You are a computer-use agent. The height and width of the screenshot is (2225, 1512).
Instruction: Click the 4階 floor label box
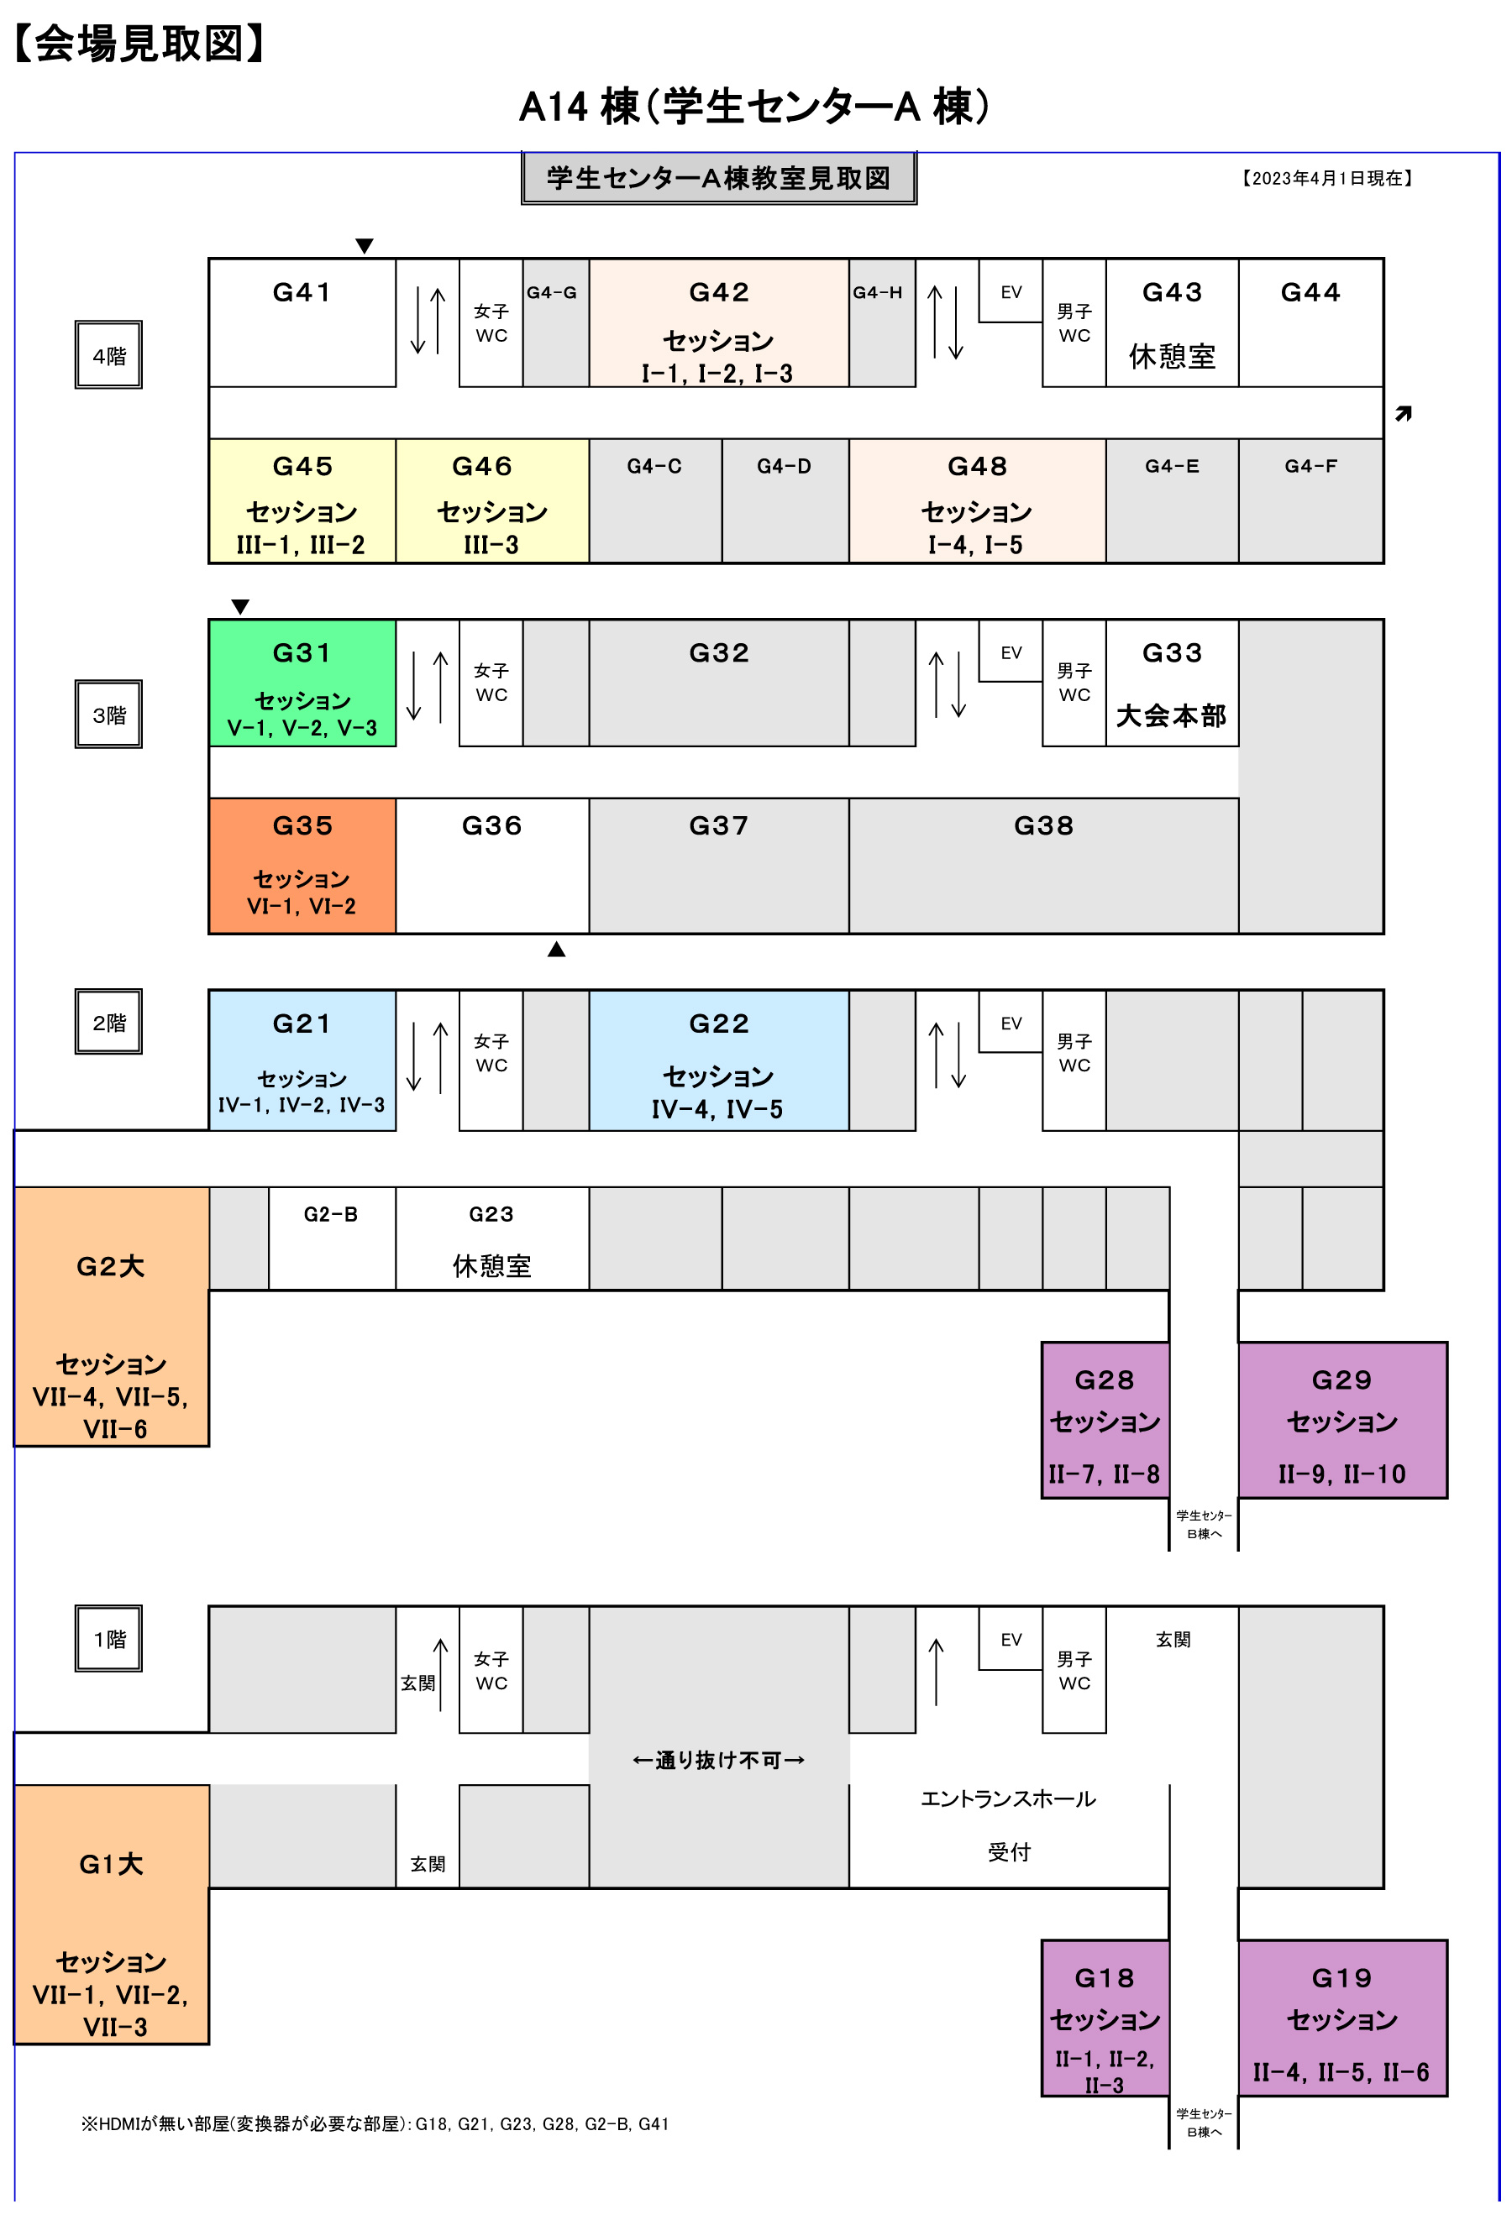click(x=108, y=355)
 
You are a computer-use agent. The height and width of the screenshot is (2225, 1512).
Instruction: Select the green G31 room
click(x=302, y=683)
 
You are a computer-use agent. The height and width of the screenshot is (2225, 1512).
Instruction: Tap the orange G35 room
click(x=302, y=865)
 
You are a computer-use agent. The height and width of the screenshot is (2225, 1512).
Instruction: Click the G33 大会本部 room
click(x=1171, y=683)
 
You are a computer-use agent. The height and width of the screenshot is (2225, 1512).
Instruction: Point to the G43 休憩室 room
click(x=1171, y=323)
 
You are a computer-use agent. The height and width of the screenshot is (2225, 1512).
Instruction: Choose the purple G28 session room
click(x=1104, y=1419)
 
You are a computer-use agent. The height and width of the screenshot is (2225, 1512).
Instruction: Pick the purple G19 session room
click(x=1341, y=2018)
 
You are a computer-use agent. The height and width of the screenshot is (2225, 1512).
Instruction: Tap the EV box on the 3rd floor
click(x=1011, y=653)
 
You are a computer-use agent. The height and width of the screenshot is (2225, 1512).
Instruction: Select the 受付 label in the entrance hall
click(x=1008, y=1851)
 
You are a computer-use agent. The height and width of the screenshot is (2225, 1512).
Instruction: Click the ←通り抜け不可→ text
click(x=718, y=1760)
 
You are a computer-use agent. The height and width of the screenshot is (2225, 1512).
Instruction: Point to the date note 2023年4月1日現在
click(x=1326, y=178)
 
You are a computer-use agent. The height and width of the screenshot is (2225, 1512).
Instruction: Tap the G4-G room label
click(x=552, y=293)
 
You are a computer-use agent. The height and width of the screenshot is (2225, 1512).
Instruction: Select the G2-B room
click(x=330, y=1238)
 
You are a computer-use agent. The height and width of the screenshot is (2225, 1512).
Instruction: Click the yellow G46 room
click(x=491, y=500)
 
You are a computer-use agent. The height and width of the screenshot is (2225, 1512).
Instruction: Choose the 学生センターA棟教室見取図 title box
click(x=718, y=178)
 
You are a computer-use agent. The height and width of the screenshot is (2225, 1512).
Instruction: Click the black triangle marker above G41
click(x=364, y=246)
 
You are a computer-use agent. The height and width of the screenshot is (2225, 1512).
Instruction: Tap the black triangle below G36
click(x=556, y=949)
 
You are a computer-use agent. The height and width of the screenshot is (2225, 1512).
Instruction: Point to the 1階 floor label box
click(x=108, y=1639)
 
